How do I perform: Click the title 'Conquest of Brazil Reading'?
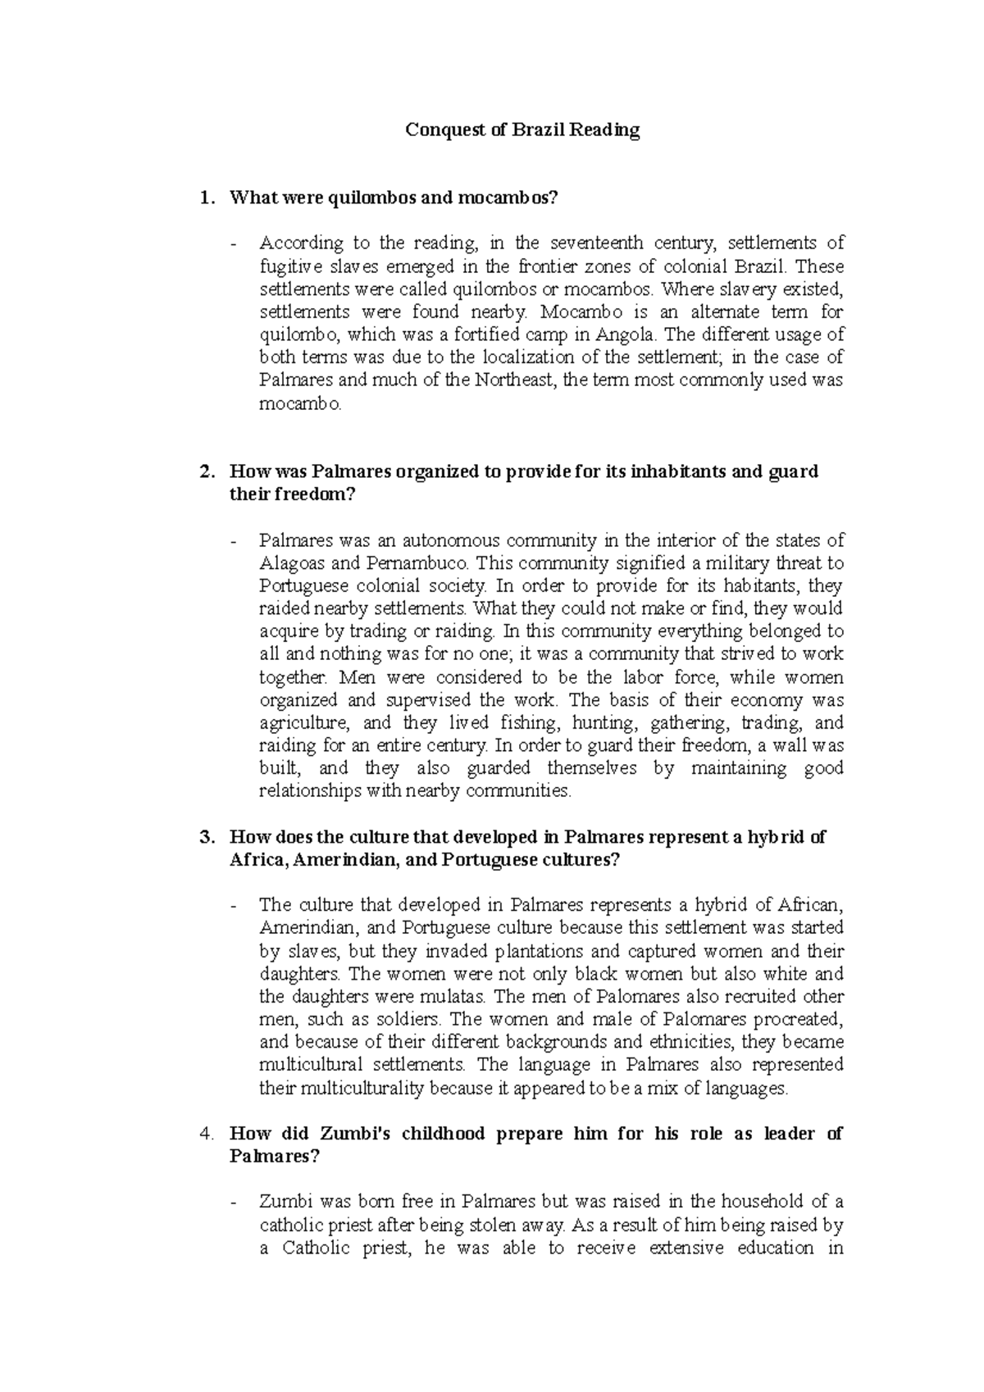(x=522, y=130)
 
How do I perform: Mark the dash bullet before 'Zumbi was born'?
(x=237, y=1203)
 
